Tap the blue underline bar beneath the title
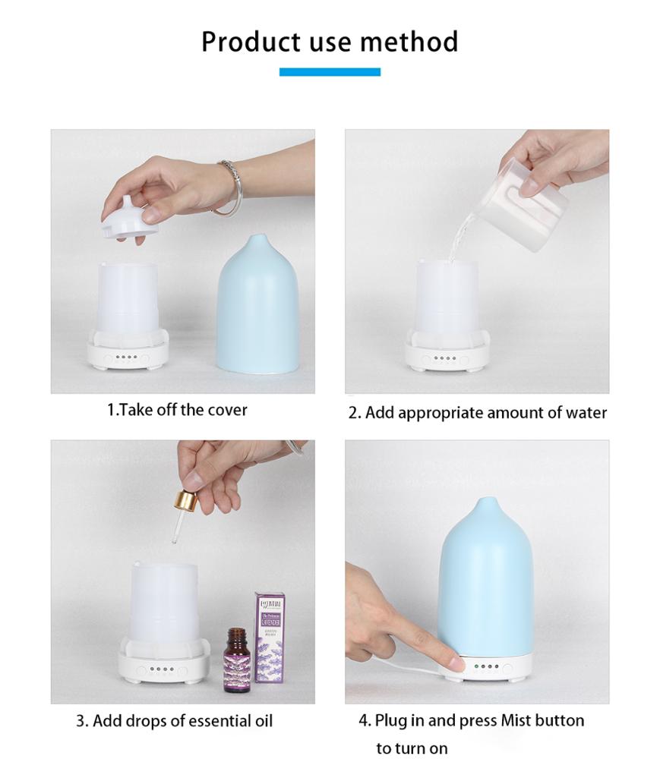tap(330, 72)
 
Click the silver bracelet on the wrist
tap(229, 186)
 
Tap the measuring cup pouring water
tap(532, 193)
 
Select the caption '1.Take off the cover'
tap(176, 410)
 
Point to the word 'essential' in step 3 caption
tap(204, 720)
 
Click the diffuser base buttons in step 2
tap(446, 358)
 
